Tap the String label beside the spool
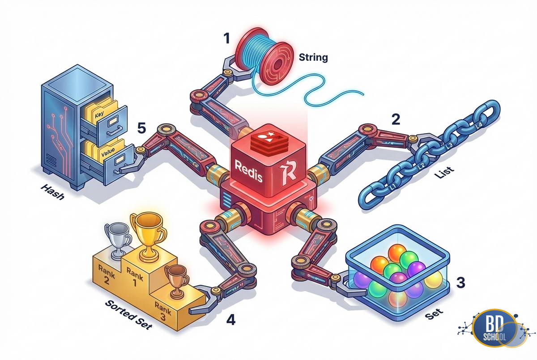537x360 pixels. pos(313,58)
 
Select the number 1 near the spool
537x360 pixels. pos(227,39)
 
